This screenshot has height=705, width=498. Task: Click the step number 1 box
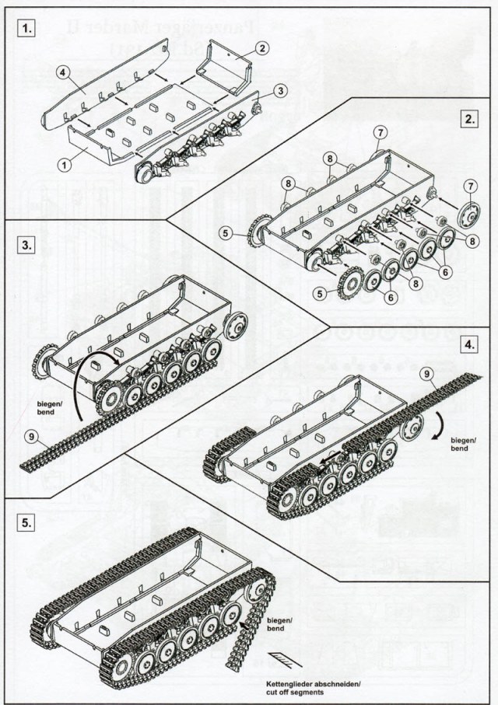[x=27, y=30]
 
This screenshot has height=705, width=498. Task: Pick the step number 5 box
[x=27, y=523]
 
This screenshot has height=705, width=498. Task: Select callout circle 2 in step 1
[x=262, y=49]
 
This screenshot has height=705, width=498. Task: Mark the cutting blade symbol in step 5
[x=281, y=659]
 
